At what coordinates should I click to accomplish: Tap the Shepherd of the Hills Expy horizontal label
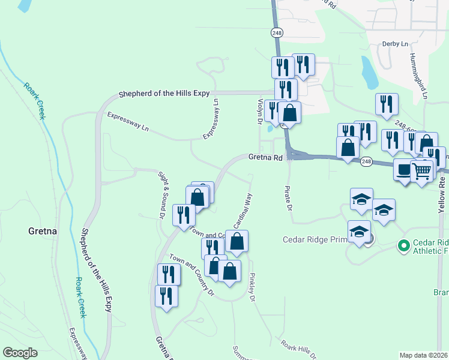pyautogui.click(x=163, y=94)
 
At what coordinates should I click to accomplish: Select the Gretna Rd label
pyautogui.click(x=265, y=158)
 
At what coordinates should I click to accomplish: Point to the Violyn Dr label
pyautogui.click(x=261, y=112)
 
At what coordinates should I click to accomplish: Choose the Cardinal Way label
pyautogui.click(x=242, y=211)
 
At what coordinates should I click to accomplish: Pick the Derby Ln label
pyautogui.click(x=395, y=44)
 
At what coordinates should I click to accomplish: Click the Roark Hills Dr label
pyautogui.click(x=298, y=350)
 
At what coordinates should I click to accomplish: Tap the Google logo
pyautogui.click(x=20, y=353)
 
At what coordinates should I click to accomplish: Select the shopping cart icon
pyautogui.click(x=422, y=170)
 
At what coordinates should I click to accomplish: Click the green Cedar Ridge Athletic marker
pyautogui.click(x=404, y=245)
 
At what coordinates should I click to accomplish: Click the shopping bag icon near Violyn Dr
pyautogui.click(x=289, y=112)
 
